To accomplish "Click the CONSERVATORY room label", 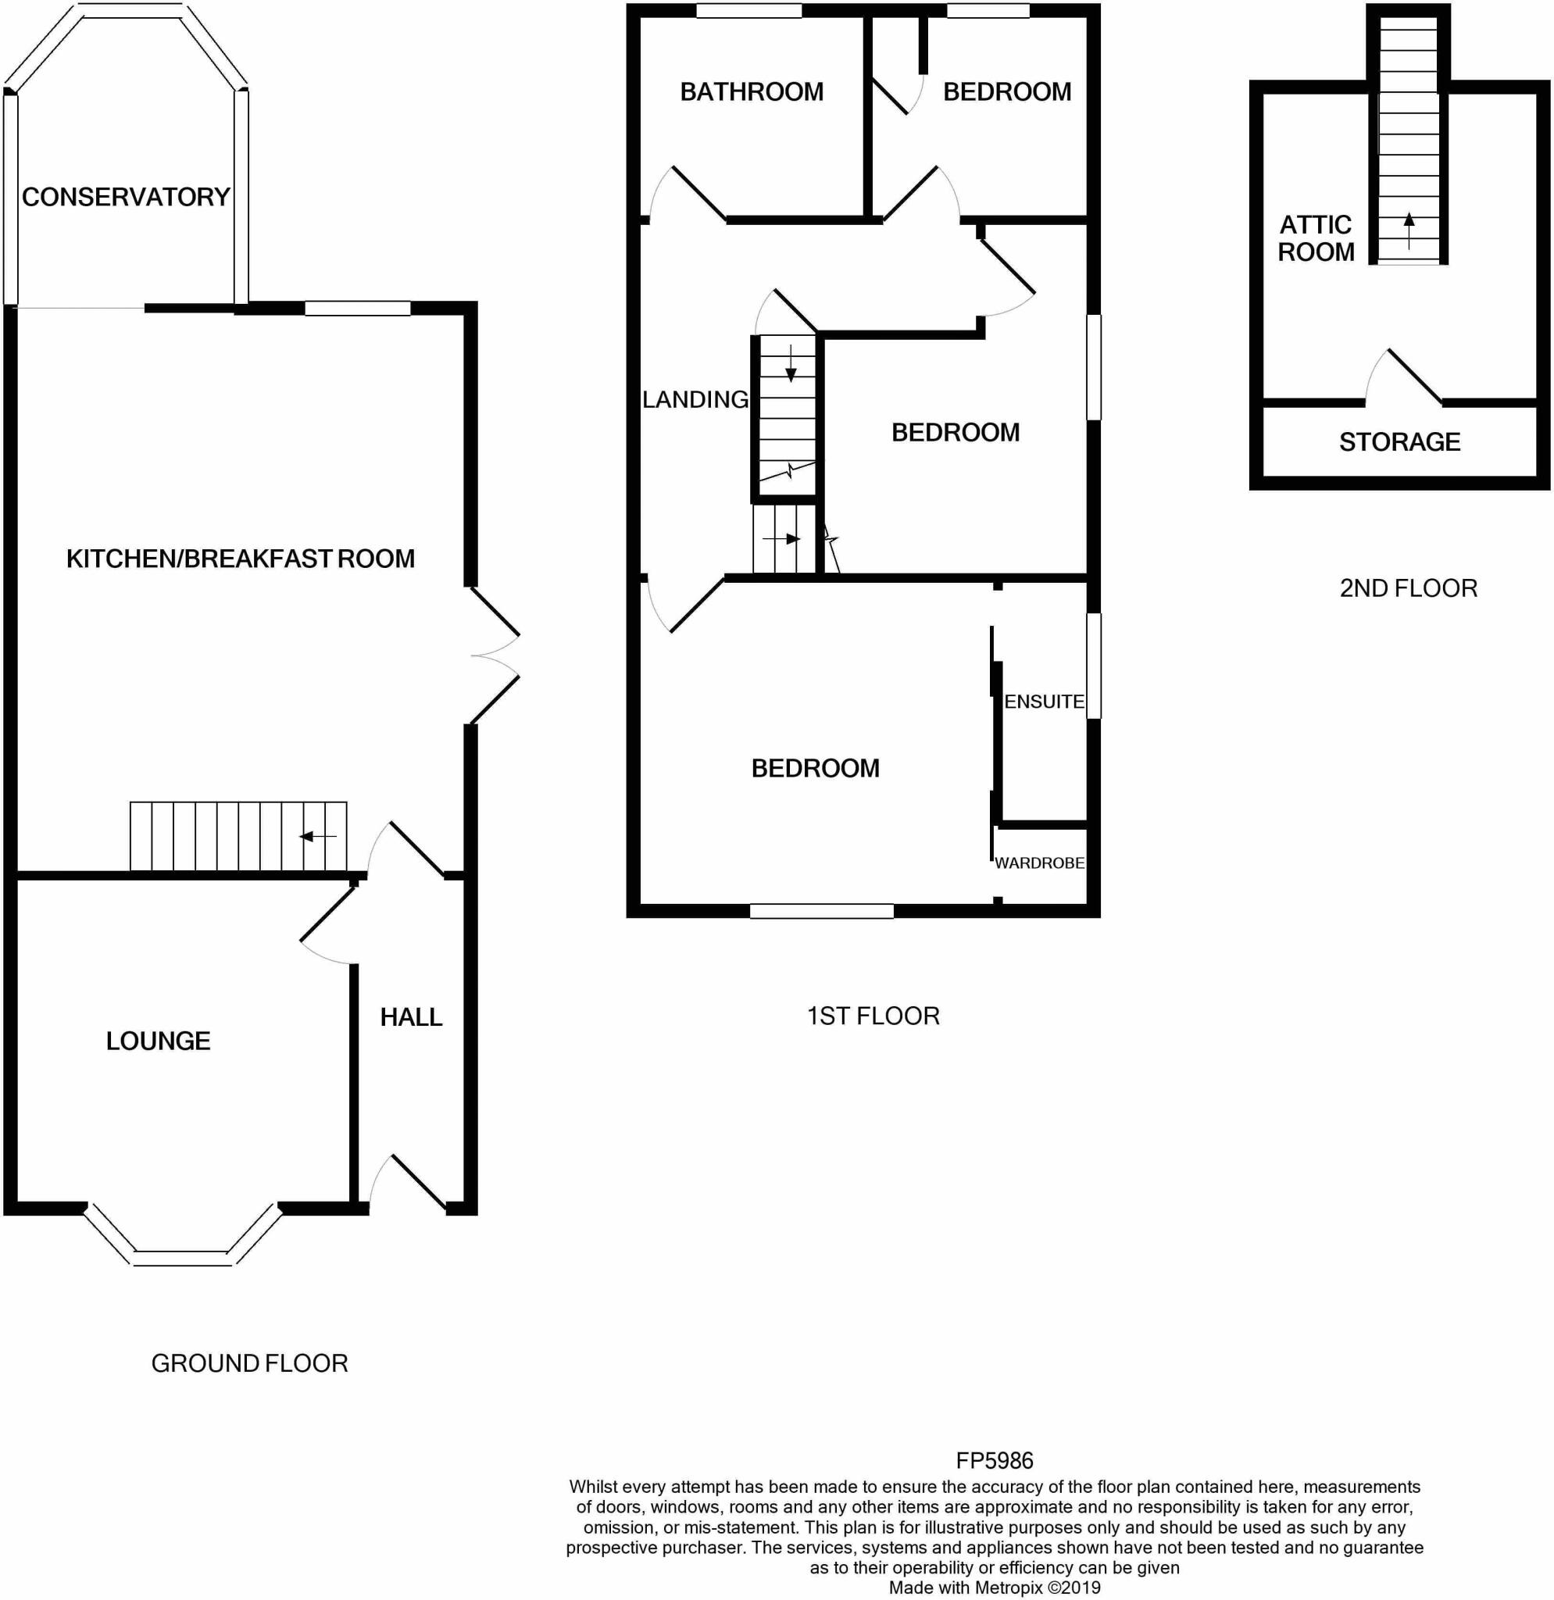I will coord(126,197).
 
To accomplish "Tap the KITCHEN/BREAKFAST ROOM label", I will coord(241,559).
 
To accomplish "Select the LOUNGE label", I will coord(159,1041).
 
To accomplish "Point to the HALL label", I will coord(411,1017).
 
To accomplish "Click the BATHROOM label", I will coord(752,91).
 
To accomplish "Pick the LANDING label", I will coord(695,399).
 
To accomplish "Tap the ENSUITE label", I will coord(1044,702).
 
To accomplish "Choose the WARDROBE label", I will coord(1039,862).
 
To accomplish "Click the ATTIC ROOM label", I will coord(1316,238).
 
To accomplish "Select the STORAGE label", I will coord(1400,441).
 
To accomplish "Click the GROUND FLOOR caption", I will coord(250,1363).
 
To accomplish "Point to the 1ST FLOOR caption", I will coord(873,1016).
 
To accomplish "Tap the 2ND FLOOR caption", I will coord(1409,587).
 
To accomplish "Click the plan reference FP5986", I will coord(994,1460).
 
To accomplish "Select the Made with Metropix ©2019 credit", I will coord(994,1587).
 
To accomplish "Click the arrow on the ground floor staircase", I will coord(317,837).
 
